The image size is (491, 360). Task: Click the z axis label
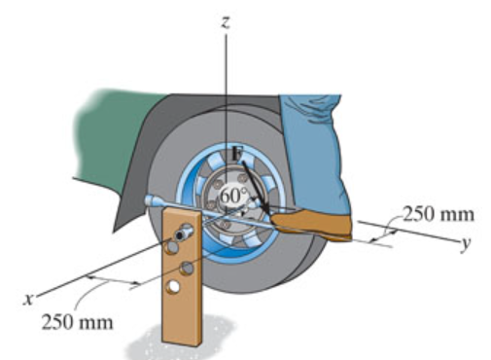(x=225, y=21)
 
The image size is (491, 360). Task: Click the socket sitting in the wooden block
(x=185, y=234)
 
